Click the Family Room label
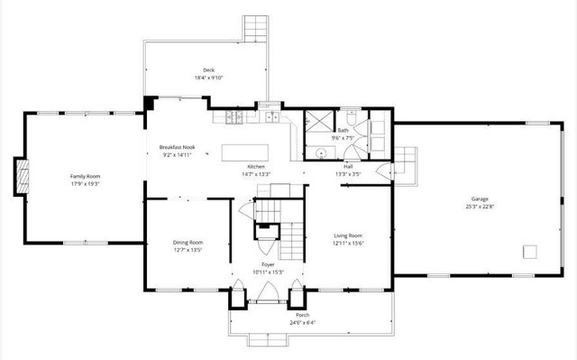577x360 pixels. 86,176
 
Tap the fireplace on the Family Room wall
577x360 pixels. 19,176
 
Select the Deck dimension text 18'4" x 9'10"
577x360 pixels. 208,78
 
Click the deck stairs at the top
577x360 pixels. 257,28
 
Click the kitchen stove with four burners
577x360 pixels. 232,116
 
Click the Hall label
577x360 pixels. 347,166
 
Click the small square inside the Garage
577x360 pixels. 530,251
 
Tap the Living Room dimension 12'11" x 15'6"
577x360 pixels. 348,244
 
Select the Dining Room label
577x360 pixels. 188,242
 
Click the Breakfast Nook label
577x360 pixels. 176,147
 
